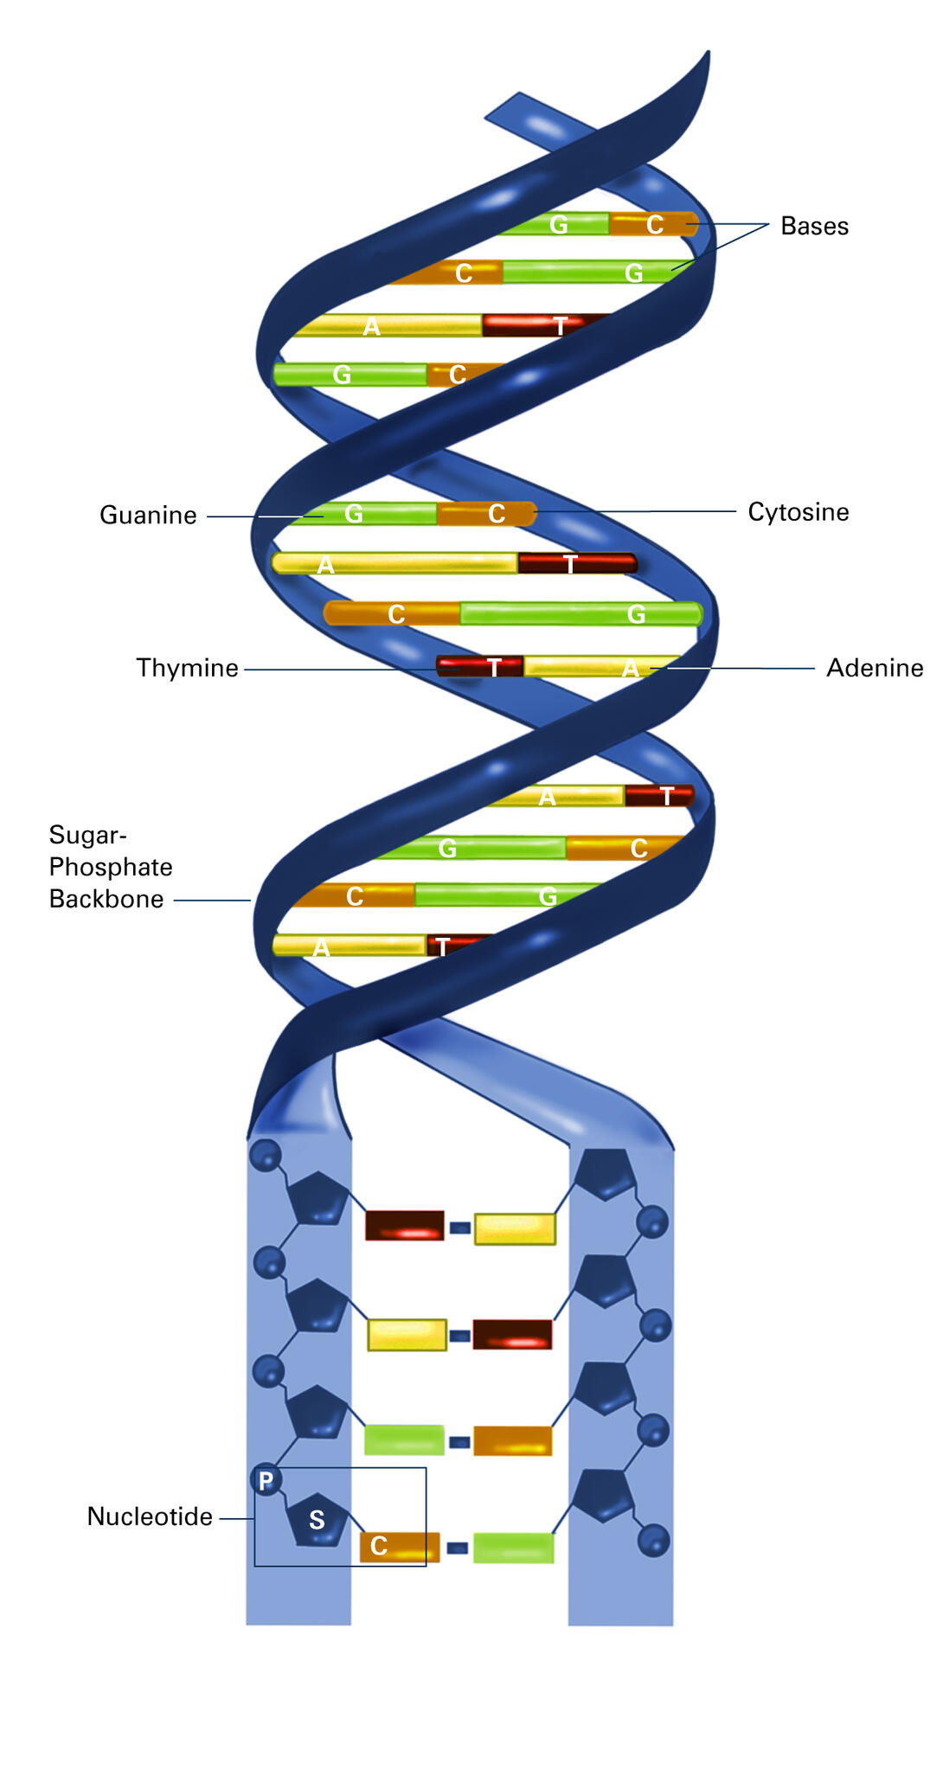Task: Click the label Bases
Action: (814, 226)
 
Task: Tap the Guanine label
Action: (148, 516)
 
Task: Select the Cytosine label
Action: (798, 512)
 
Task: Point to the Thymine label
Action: (187, 668)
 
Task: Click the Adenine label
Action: (875, 668)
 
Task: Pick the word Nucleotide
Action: (150, 1517)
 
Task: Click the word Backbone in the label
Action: (106, 899)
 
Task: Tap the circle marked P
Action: (266, 1480)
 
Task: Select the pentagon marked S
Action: (318, 1519)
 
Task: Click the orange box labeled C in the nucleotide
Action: (399, 1546)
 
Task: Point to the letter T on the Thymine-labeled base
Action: (494, 668)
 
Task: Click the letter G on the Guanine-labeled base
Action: (353, 515)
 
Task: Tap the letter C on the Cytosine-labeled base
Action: (497, 515)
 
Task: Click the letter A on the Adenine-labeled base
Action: (631, 669)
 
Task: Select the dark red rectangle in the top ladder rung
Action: (404, 1226)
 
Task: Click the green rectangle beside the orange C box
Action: (513, 1548)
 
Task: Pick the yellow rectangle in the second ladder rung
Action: (407, 1335)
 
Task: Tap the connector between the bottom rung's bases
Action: (458, 1548)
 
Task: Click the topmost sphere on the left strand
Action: (266, 1155)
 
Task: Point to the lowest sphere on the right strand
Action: (653, 1541)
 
